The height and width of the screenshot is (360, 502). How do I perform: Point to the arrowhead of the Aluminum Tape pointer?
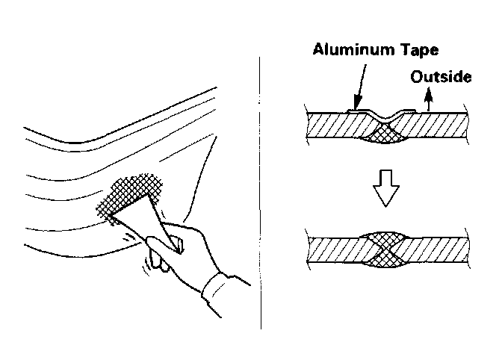[x=357, y=105]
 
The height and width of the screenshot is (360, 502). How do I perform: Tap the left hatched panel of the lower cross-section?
[x=332, y=249]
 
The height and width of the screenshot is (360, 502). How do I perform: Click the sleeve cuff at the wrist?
[x=221, y=291]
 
